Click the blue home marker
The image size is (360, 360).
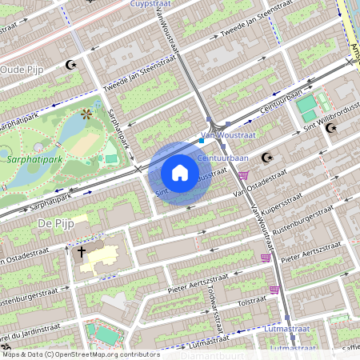[x=180, y=173]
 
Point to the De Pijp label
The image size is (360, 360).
[x=55, y=224]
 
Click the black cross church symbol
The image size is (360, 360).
[x=81, y=253]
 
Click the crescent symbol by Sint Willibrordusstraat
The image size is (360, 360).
[x=331, y=128]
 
